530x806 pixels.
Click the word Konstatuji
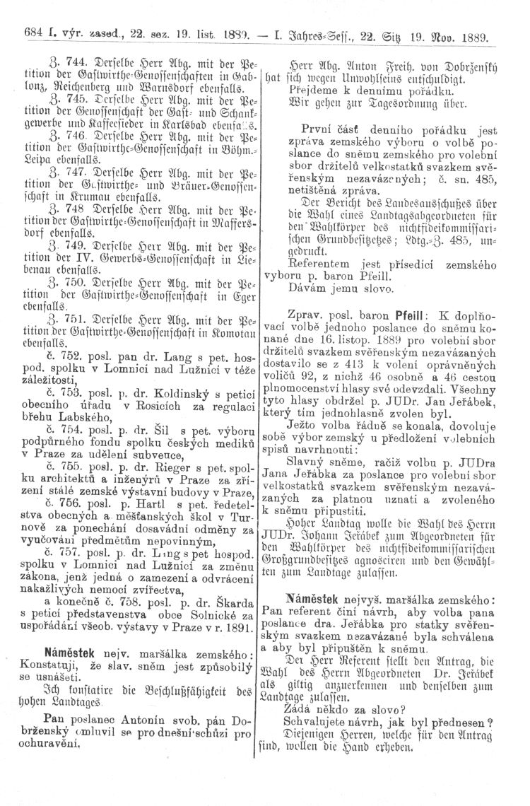click(x=38, y=643)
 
